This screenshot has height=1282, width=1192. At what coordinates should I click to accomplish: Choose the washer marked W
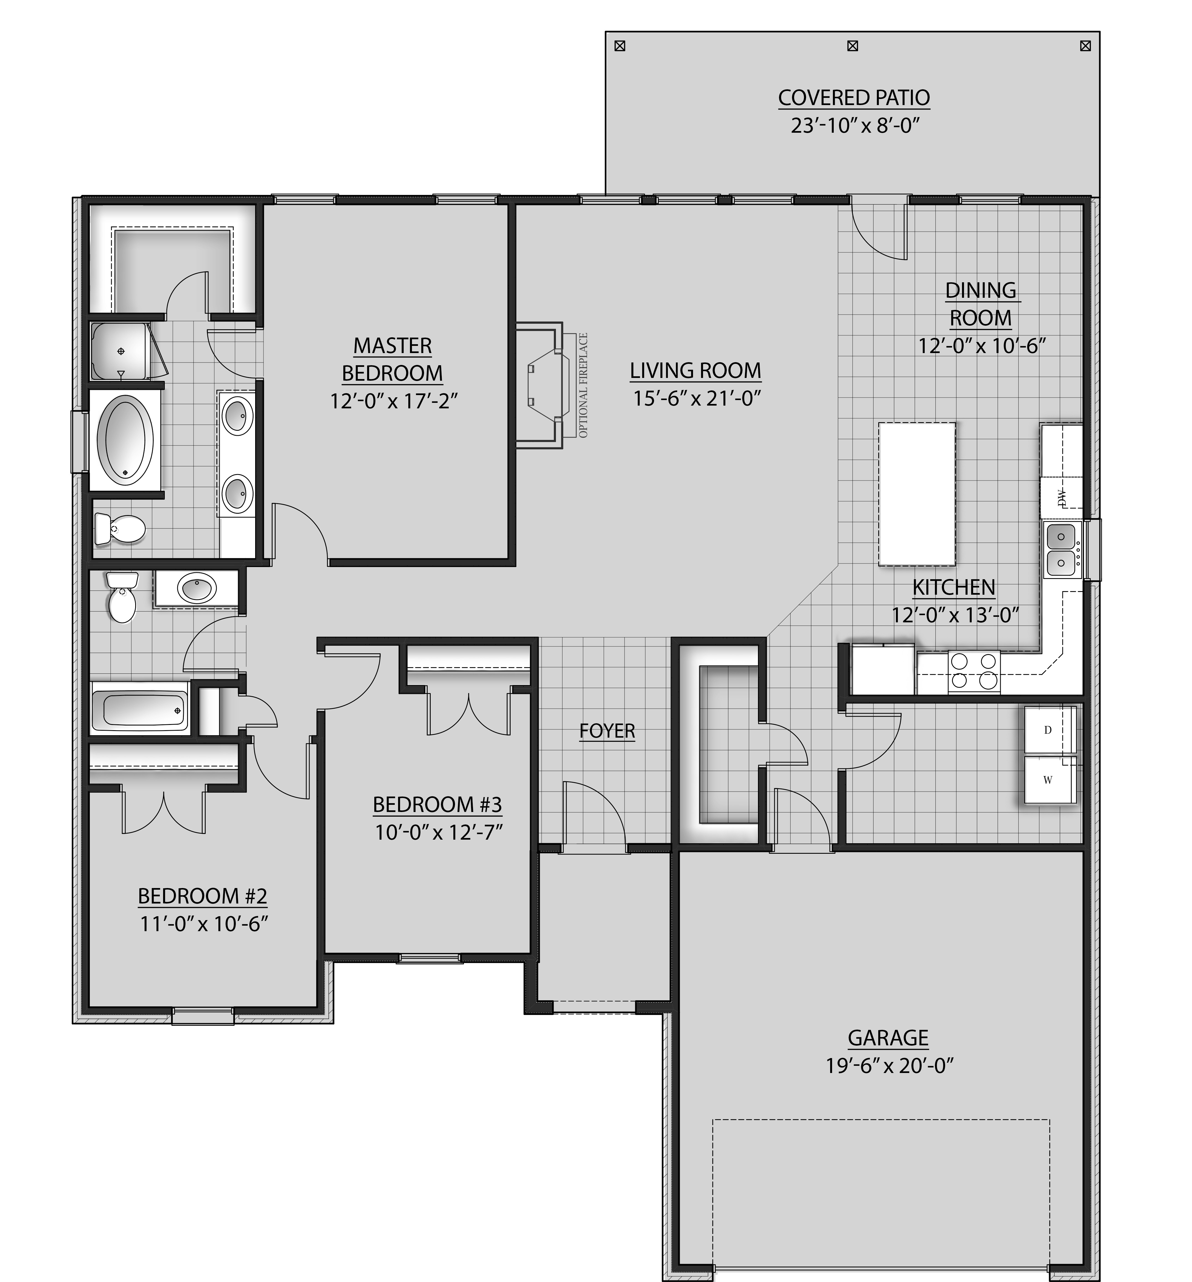click(1049, 780)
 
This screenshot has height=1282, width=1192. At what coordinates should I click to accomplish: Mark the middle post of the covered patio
click(852, 46)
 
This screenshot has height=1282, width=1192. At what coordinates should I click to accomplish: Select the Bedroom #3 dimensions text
click(438, 832)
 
